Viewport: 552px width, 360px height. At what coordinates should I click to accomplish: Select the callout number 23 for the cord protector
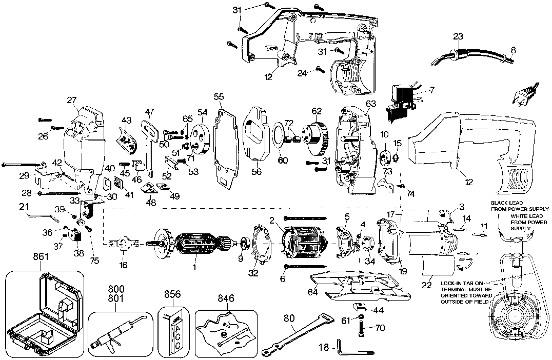tap(458, 36)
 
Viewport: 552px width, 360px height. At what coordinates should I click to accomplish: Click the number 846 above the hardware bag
tap(225, 297)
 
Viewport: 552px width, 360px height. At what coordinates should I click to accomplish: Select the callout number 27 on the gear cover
tap(71, 100)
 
